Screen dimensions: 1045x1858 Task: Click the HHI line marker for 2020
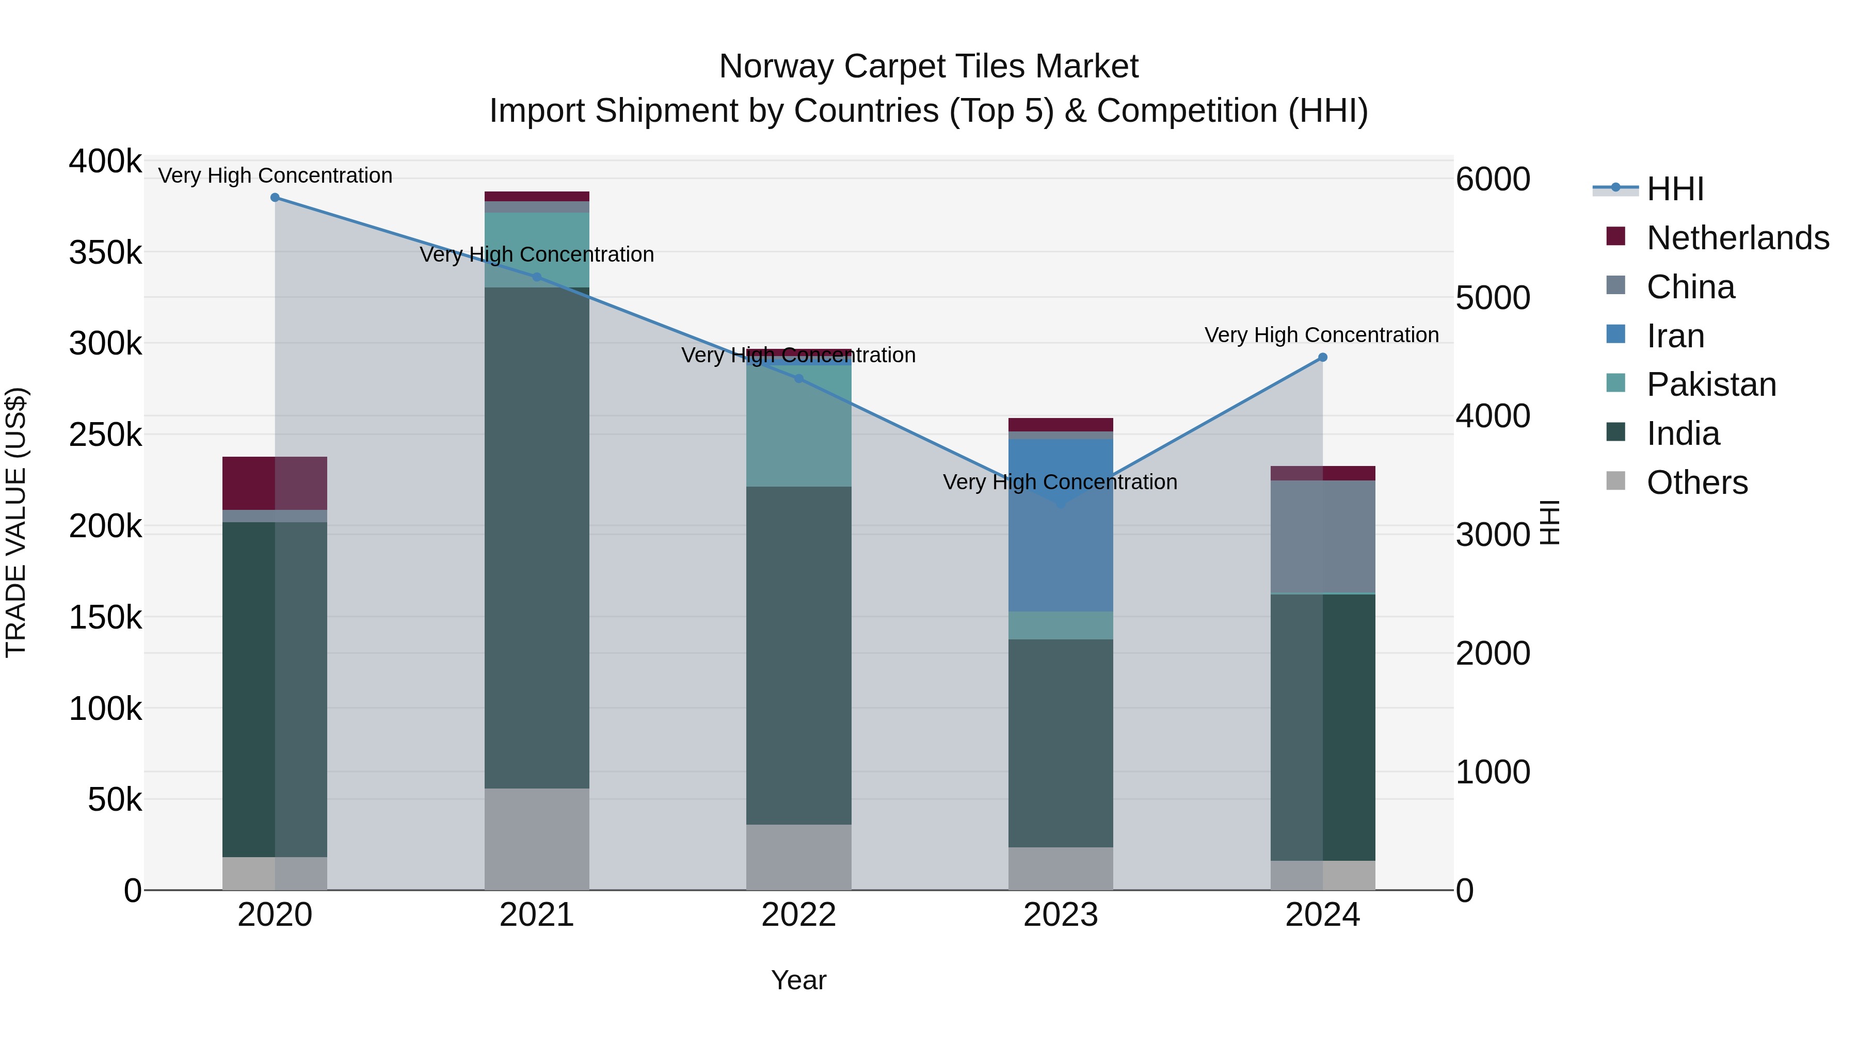point(275,198)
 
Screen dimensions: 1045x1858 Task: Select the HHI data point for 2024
point(1322,358)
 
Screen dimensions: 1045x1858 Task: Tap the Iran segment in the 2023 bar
point(1060,548)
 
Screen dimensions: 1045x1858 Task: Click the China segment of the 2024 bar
point(1322,537)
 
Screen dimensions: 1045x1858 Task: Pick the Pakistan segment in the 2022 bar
point(798,426)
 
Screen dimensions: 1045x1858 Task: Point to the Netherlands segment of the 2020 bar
point(275,483)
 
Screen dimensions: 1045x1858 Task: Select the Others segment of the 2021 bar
point(537,839)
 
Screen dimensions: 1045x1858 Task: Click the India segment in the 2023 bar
point(1060,743)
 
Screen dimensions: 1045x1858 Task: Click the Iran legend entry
point(1675,336)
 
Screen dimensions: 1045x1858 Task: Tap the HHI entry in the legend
point(1675,189)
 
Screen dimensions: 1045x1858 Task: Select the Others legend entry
point(1696,483)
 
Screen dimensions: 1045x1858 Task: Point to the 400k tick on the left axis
point(105,162)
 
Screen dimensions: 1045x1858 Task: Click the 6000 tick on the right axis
point(1492,180)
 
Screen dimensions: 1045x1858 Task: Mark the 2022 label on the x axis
point(798,915)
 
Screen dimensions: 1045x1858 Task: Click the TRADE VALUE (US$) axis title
point(16,522)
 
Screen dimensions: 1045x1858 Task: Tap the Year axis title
point(798,980)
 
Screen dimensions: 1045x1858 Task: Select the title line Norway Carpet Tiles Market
point(928,67)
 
